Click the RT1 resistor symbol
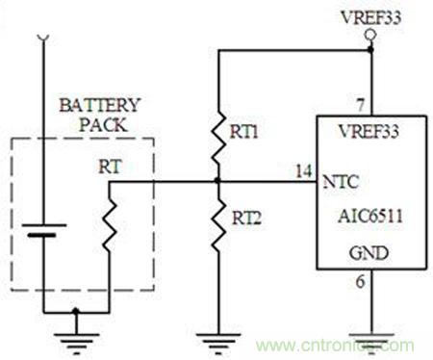click(218, 138)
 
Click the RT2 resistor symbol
click(218, 222)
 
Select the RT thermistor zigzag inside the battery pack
click(110, 222)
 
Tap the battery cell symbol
click(44, 230)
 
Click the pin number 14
click(303, 171)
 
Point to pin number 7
click(361, 105)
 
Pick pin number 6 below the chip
click(361, 282)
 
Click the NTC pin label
click(341, 182)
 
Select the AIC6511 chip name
click(370, 216)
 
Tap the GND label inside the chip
click(369, 253)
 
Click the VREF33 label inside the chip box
click(369, 131)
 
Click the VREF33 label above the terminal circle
click(371, 17)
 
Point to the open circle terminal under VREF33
click(370, 35)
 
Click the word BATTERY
click(100, 105)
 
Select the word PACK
click(103, 125)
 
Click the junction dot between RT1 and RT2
click(218, 181)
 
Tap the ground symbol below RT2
click(218, 344)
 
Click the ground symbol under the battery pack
click(76, 344)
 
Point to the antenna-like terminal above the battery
click(43, 38)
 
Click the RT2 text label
click(246, 219)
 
